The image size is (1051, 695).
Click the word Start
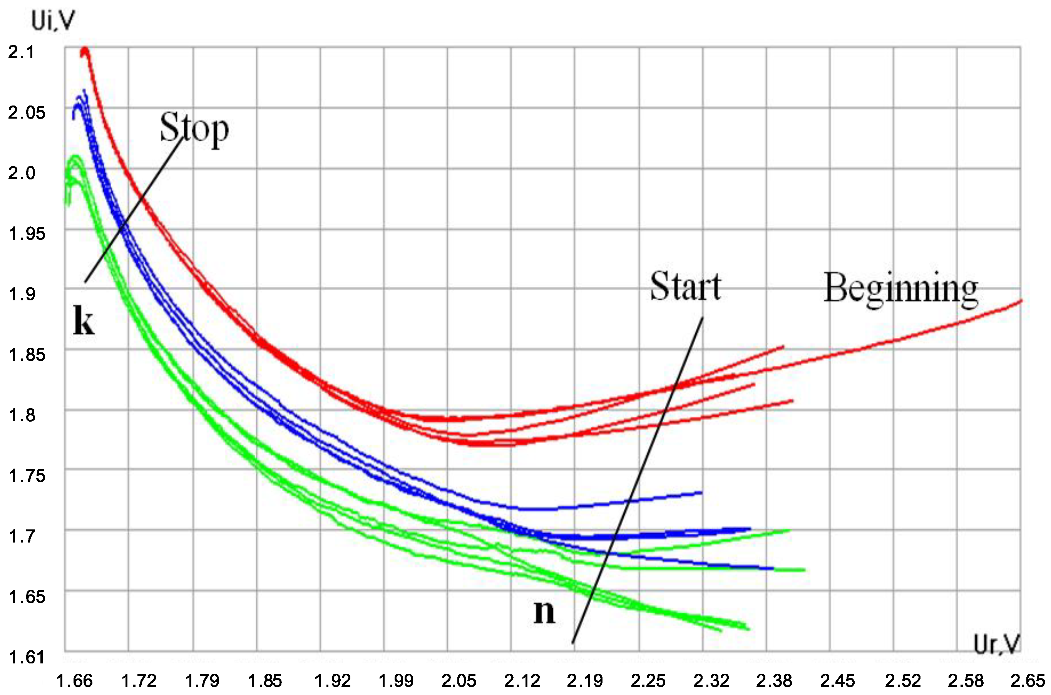coord(685,287)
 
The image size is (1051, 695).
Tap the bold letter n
coord(544,612)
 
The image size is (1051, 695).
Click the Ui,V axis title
coord(53,21)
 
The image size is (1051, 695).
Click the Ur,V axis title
coord(997,644)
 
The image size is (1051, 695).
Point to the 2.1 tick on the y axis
coord(21,52)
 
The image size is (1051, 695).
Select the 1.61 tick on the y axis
coord(27,657)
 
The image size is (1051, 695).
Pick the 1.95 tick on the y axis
coord(27,234)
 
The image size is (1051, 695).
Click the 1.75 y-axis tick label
coord(27,476)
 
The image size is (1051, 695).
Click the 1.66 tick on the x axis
coord(74,680)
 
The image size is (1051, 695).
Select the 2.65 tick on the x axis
coord(1027,680)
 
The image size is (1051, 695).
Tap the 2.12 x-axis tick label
coord(522,680)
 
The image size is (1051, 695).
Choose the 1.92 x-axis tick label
coord(332,680)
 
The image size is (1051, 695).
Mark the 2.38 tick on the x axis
coord(774,680)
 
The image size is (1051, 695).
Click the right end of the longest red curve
coord(1021,301)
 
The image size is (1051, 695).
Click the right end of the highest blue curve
coord(701,492)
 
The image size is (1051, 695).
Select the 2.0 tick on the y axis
coord(21,173)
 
